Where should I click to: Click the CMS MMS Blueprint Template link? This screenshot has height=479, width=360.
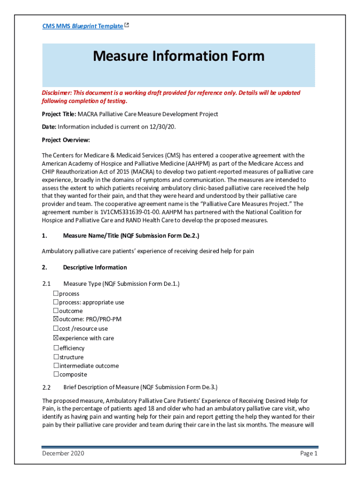coord(82,26)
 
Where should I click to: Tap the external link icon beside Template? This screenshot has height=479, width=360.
coord(127,26)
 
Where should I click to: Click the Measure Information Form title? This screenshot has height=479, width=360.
coord(179,57)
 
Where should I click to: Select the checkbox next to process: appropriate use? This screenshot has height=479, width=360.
coord(56,302)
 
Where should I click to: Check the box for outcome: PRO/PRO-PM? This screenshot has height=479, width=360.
coord(56,319)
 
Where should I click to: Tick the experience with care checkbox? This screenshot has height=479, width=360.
coord(56,338)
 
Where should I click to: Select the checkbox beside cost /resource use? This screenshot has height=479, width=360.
coord(56,328)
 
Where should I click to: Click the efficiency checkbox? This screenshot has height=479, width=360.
coord(56,348)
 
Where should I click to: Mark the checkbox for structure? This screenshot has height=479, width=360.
coord(56,357)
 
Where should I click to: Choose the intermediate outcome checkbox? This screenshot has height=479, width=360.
coord(56,365)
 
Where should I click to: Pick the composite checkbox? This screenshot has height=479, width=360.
coord(56,374)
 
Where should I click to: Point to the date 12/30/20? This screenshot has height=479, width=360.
coord(165,127)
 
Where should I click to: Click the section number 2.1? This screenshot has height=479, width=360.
coord(46,284)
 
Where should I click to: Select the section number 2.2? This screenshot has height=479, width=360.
coord(46,387)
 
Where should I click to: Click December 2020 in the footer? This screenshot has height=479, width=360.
coord(63,453)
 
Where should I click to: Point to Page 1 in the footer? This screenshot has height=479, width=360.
coord(309,453)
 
